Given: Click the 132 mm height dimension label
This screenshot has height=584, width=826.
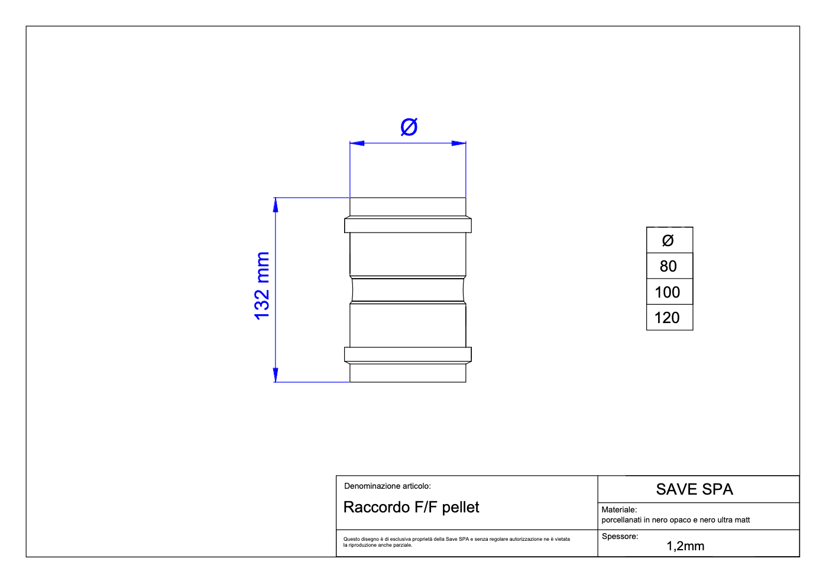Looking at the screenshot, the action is (x=262, y=286).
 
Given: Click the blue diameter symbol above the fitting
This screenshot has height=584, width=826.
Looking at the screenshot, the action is (x=409, y=127).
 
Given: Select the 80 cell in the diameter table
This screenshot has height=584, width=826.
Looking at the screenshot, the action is (x=670, y=266).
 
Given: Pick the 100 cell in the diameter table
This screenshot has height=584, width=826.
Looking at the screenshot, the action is (x=670, y=292).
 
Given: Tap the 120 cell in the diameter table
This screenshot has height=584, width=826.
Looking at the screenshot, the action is (x=670, y=318).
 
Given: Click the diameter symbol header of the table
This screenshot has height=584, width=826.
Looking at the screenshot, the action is (x=670, y=240).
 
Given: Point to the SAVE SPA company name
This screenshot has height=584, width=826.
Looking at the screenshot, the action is (x=694, y=489).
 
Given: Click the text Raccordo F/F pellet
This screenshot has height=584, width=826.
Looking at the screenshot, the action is (x=411, y=508).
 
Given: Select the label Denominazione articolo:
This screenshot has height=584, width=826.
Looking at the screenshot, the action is (x=387, y=486).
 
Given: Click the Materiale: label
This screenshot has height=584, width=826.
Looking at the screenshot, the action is (x=619, y=510).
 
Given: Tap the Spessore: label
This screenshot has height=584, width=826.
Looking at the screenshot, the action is (x=620, y=537).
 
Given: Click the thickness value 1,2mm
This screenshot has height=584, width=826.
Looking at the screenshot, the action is (x=685, y=546).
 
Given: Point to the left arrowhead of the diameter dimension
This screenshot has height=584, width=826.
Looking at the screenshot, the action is (x=357, y=143).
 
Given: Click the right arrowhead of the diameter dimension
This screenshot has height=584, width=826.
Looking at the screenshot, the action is (x=459, y=143).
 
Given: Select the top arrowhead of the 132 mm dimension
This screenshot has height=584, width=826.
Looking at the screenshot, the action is (x=276, y=205).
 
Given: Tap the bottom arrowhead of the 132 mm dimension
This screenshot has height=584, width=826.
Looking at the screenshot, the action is (x=276, y=375).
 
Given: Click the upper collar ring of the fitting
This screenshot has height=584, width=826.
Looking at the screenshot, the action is (x=408, y=225).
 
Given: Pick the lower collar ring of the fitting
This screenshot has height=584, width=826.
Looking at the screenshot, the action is (x=408, y=354).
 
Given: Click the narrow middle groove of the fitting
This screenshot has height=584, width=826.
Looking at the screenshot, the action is (x=408, y=290).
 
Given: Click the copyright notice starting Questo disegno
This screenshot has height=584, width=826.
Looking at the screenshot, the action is (x=456, y=542).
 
